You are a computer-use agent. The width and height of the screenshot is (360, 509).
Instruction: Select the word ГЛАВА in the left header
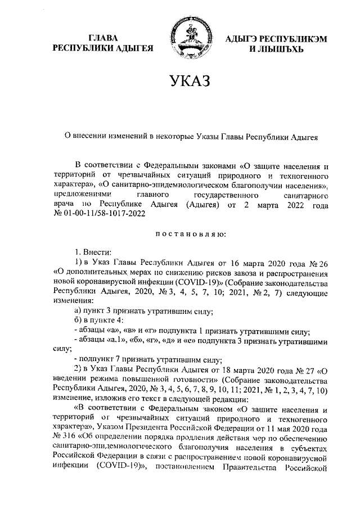[103, 38]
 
